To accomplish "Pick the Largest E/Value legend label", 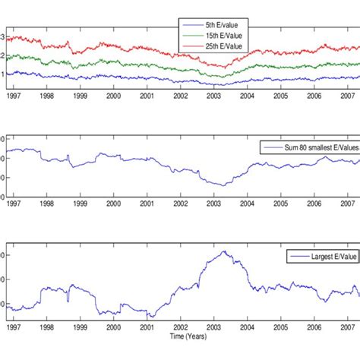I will point(329,257).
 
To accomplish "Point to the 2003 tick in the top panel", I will point(214,96).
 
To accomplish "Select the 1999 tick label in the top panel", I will point(80,96).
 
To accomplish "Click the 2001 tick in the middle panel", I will point(147,205).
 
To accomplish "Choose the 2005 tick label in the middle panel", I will point(280,205).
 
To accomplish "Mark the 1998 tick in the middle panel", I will point(46,205).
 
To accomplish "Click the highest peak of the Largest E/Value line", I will point(223,251).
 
